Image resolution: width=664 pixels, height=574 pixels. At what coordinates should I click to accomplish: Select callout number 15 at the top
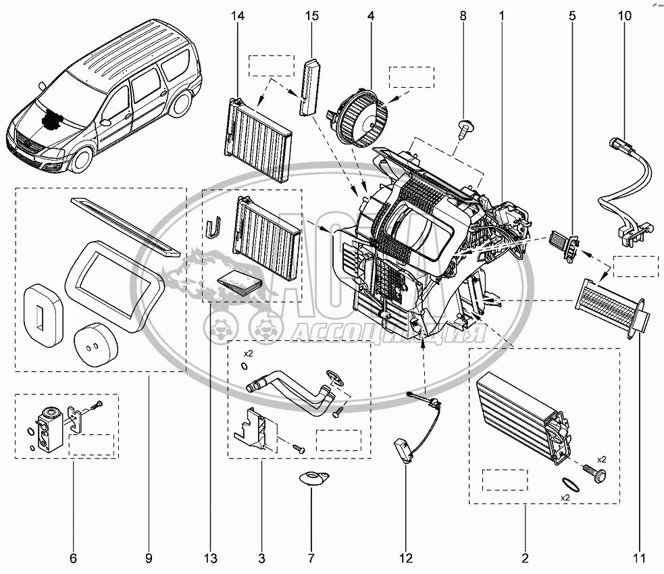(x=311, y=14)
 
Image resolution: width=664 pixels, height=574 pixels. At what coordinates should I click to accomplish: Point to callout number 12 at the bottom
(x=405, y=558)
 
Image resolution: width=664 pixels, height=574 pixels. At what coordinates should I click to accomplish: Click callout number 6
(x=73, y=558)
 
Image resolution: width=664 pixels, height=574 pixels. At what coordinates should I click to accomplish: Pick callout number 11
(x=638, y=558)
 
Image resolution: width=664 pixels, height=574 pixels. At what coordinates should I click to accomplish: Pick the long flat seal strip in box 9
(x=125, y=226)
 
